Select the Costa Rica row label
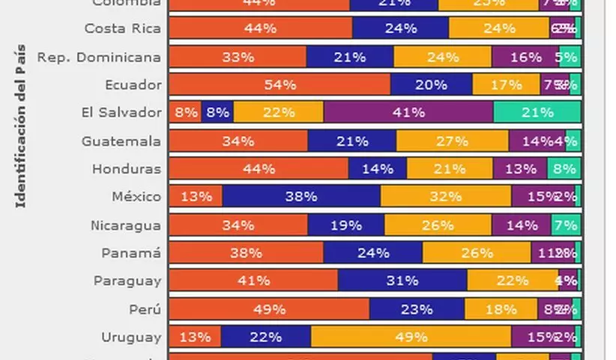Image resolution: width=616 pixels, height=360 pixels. point(122,28)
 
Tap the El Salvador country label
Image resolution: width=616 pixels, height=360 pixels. point(121,112)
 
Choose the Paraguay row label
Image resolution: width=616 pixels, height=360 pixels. point(127,280)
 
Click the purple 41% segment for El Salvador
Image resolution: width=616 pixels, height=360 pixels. point(408,112)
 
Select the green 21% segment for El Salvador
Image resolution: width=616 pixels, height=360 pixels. point(537,112)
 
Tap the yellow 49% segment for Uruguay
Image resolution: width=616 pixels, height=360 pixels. point(411,337)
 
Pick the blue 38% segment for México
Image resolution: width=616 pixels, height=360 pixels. point(301,196)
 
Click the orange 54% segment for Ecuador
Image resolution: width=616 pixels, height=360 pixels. point(280,85)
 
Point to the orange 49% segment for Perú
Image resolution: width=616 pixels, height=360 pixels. point(269,309)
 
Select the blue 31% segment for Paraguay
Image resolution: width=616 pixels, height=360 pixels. point(402,280)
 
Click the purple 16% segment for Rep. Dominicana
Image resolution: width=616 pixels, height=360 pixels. point(525,57)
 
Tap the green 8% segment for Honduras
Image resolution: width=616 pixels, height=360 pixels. point(564,169)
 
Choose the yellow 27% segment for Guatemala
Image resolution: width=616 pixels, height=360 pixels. point(452,141)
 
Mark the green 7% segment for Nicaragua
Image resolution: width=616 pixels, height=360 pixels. point(566,225)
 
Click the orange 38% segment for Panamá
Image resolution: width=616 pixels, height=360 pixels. point(246,253)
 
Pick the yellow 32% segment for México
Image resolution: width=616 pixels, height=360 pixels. point(446,196)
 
